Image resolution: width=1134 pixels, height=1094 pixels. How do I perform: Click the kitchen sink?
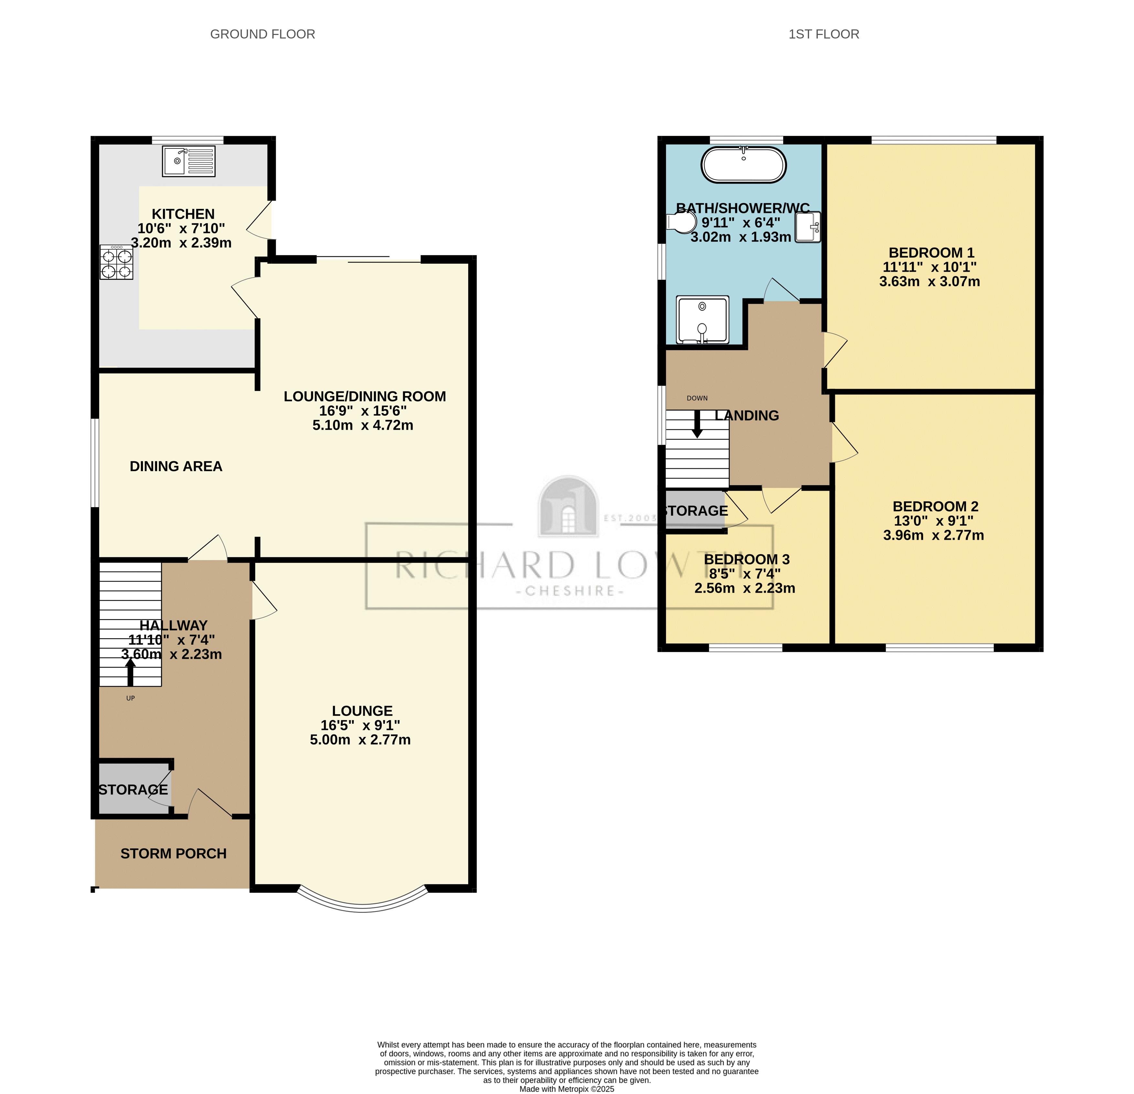pos(189,161)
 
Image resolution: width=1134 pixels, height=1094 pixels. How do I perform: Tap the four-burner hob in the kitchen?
pos(116,262)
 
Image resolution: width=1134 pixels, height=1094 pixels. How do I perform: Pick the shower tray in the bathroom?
pos(702,320)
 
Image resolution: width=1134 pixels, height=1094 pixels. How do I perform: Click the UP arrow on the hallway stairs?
pos(131,673)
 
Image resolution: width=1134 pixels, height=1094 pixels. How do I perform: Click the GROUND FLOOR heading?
pos(263,34)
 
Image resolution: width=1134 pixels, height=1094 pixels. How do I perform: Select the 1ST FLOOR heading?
pos(824,34)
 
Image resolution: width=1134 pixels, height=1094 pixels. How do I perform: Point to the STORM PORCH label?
pos(174,854)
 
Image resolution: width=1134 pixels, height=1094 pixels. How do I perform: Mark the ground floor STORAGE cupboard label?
pos(133,790)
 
